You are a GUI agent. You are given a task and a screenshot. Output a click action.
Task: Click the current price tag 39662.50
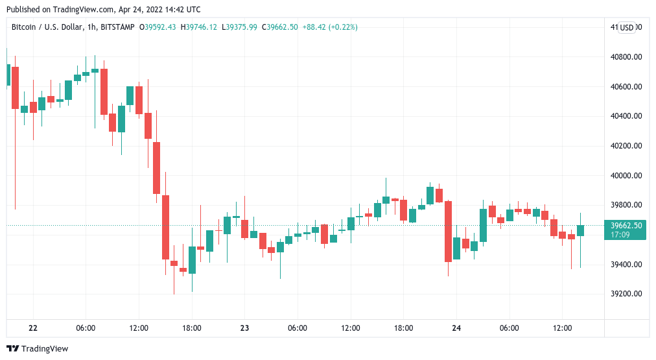click(626, 226)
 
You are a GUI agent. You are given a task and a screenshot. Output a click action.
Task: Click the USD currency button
click(626, 27)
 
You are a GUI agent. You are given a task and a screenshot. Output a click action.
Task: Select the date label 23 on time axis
click(244, 328)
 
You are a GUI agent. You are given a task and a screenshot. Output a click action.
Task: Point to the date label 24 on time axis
click(456, 328)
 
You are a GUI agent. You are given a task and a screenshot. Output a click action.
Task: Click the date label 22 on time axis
click(33, 328)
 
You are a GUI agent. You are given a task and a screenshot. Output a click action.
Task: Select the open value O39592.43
click(160, 27)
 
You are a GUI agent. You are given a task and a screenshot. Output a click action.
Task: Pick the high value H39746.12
click(199, 27)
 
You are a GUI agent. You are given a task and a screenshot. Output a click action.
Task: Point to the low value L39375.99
click(239, 27)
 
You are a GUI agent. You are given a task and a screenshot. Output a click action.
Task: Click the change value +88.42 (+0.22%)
click(330, 27)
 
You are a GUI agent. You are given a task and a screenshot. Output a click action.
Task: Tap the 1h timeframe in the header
click(91, 27)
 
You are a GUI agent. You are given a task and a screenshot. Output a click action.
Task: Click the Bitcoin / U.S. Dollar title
click(47, 27)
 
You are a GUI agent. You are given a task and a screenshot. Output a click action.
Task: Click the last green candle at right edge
click(580, 230)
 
